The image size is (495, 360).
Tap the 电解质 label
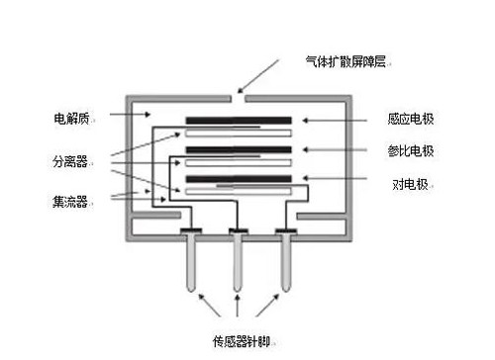click(72, 118)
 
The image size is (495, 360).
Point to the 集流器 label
click(72, 202)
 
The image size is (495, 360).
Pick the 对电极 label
click(405, 184)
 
